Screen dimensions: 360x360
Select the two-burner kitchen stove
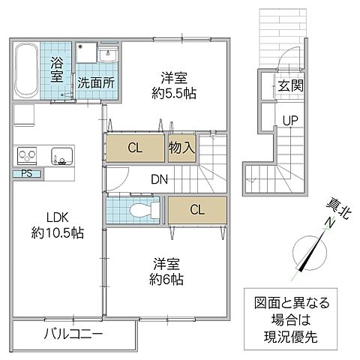click(x=28, y=157)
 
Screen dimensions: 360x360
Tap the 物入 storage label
click(x=182, y=148)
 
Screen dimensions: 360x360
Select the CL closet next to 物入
click(x=135, y=148)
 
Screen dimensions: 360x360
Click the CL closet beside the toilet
click(x=196, y=210)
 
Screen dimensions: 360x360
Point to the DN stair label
click(x=158, y=179)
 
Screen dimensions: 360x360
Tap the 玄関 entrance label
click(x=290, y=85)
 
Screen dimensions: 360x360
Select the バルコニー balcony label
click(x=72, y=333)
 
